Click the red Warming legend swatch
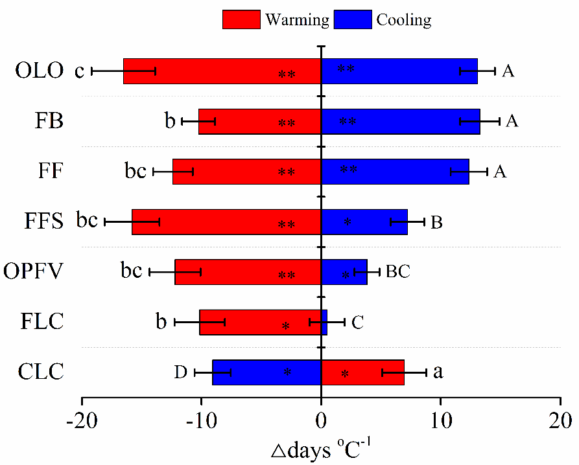pos(241,19)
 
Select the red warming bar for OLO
pos(222,71)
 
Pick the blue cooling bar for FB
pos(401,121)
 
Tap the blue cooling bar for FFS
pos(364,222)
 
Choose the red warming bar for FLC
pos(260,322)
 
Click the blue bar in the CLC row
pos(266,372)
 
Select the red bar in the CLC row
pos(362,372)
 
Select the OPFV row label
pos(33,271)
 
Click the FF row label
pos(49,172)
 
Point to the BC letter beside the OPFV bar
pos(398,271)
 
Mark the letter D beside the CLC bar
pos(180,372)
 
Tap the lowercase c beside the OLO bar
pos(79,71)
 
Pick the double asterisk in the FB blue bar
pos(348,121)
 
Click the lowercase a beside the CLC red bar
pos(438,372)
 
